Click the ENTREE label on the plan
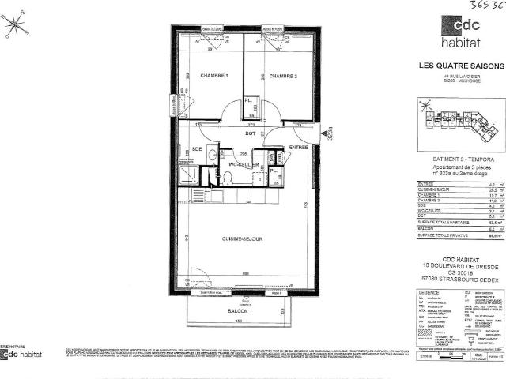coord(298,148)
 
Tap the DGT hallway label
coord(250,134)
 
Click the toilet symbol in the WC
coord(226,178)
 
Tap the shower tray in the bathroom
coord(189,175)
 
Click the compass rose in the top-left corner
coord(15,25)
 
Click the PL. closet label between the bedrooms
coord(247,101)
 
